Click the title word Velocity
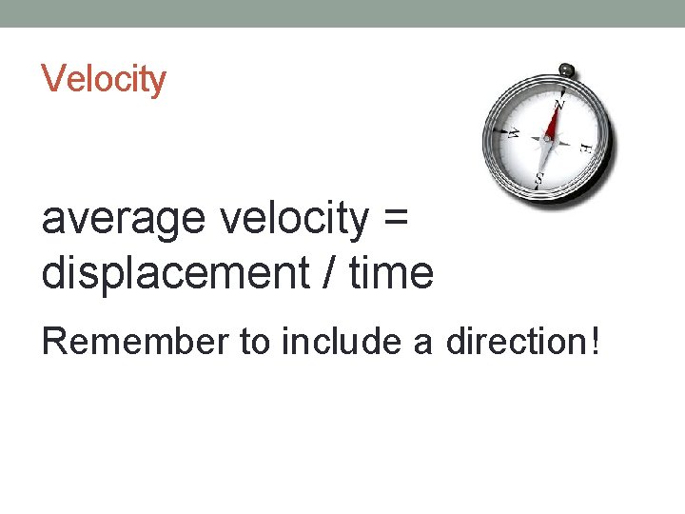pos(104,78)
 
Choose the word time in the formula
pos(392,273)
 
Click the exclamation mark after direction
pos(595,340)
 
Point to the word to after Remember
pos(254,340)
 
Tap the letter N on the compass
pos(559,105)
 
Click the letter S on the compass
pos(539,177)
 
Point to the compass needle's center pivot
pos(546,139)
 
